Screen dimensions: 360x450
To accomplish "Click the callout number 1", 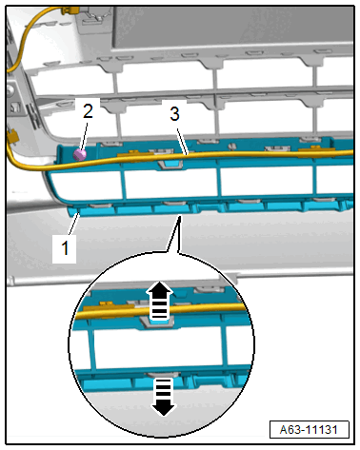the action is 65,247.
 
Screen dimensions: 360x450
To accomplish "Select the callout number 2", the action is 88,111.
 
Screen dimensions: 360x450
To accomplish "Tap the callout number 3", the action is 174,113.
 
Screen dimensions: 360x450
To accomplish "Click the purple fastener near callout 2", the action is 80,155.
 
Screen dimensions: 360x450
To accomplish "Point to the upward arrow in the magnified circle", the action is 161,301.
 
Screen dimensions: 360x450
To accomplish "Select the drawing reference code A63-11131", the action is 309,430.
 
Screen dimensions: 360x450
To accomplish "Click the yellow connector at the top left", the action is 70,10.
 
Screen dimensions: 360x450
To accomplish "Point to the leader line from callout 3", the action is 182,142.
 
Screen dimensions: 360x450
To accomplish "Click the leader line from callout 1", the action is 73,225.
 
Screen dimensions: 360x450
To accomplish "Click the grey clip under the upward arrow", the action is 158,323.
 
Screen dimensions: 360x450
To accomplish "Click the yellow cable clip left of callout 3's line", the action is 136,154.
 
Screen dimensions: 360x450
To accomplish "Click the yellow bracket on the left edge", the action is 12,136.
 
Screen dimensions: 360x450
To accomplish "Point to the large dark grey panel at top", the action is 233,27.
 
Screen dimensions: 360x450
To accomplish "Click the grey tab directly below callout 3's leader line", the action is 170,165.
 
